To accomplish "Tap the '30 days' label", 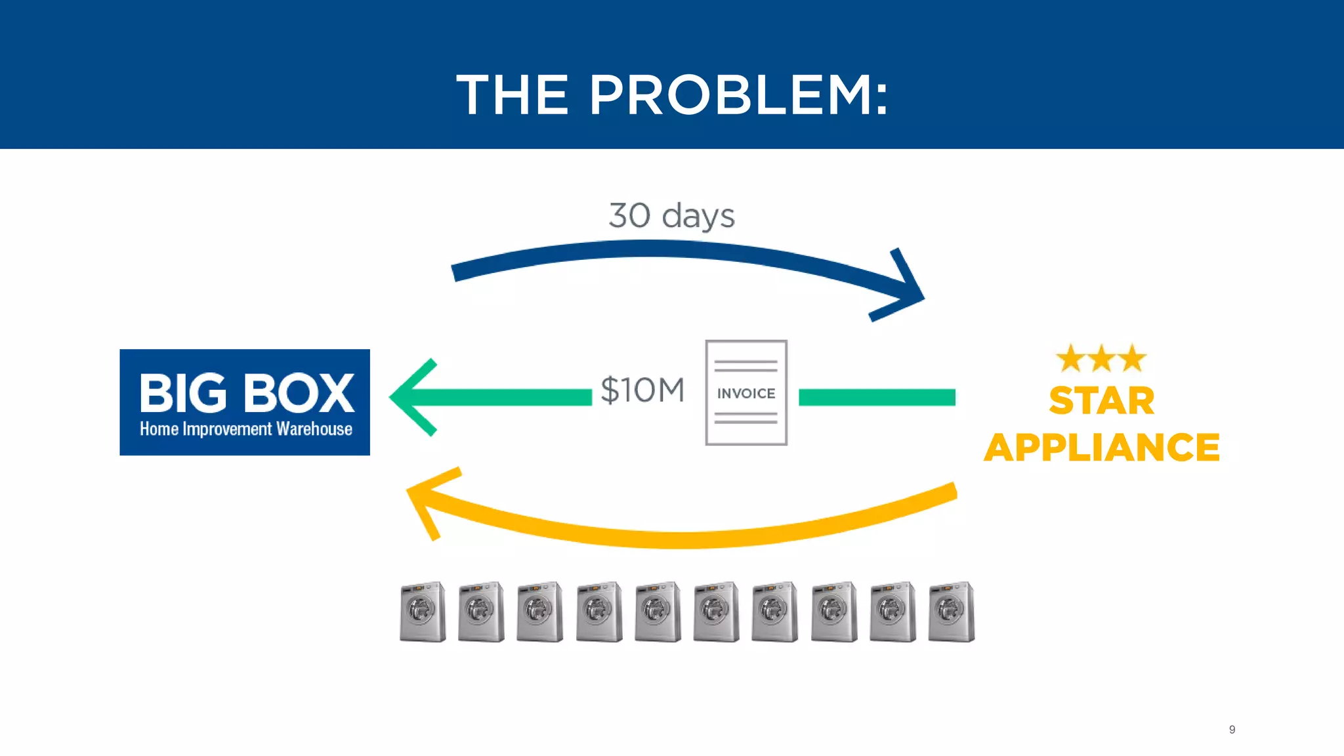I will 671,215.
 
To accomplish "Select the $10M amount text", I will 642,390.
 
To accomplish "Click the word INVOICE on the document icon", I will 746,394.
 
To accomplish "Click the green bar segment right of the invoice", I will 877,397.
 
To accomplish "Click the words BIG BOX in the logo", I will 246,393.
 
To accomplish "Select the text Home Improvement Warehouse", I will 246,429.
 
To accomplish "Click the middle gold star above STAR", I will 1101,359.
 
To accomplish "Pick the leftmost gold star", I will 1070,359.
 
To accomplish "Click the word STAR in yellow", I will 1101,401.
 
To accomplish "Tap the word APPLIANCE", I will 1101,448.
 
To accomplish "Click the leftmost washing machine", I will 422,612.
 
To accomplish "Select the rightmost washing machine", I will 952,612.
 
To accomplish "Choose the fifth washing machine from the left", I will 658,612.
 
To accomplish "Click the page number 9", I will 1232,730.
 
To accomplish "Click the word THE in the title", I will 513,96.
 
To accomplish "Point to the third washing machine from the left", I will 539,612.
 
